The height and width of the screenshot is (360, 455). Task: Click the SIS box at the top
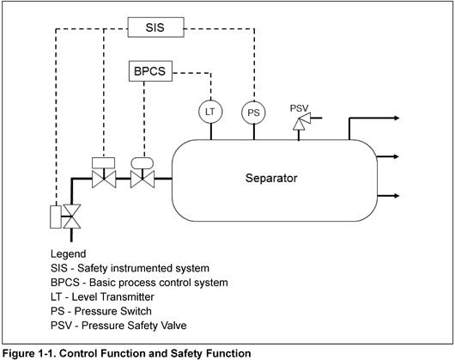[155, 28]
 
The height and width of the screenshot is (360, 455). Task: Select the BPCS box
[149, 70]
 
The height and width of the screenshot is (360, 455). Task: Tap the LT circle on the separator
[209, 112]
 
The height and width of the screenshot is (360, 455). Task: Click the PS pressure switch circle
[252, 112]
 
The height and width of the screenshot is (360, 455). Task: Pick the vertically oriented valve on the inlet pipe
[73, 216]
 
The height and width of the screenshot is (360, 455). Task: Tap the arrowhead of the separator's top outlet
[396, 118]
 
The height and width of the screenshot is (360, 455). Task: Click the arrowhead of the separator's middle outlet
[396, 156]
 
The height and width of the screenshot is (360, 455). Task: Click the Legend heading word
[69, 254]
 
